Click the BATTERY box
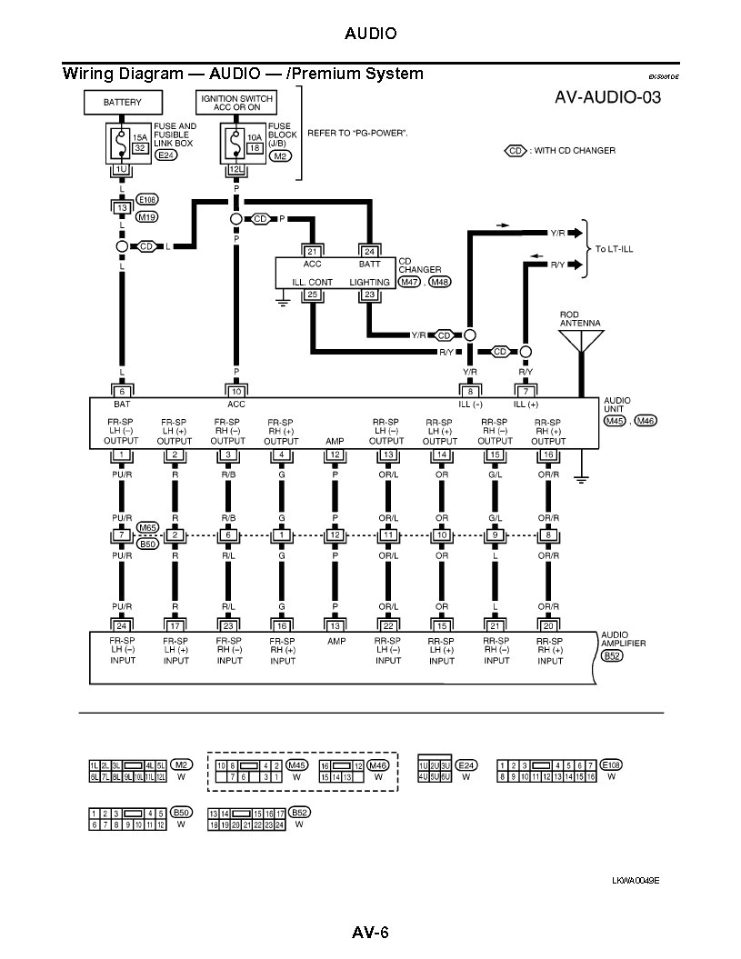pos(122,103)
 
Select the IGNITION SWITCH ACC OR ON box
pos(235,102)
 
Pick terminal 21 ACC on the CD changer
pos(313,251)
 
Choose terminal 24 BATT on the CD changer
pos(369,251)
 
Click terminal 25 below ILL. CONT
pos(313,295)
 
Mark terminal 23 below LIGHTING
pos(369,295)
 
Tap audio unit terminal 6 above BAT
pos(122,391)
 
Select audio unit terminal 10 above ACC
pos(235,391)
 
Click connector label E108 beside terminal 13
pos(146,198)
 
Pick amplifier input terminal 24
pos(122,624)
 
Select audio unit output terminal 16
pos(547,455)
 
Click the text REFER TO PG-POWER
pos(357,133)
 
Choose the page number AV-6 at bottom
pos(370,933)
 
